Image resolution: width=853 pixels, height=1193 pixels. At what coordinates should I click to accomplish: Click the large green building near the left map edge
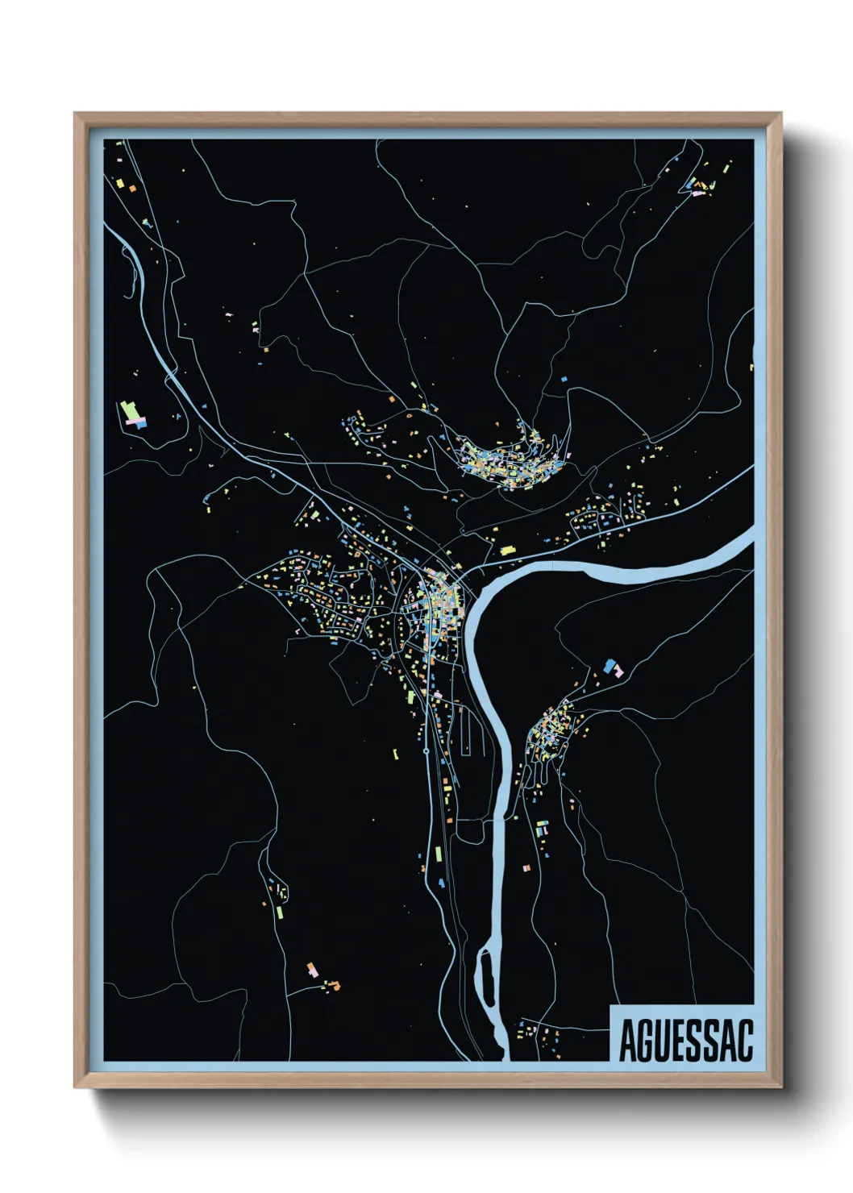127,412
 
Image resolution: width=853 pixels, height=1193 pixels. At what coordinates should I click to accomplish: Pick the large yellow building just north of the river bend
507,551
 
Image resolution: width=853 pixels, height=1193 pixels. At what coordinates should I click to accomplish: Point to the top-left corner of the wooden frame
76,114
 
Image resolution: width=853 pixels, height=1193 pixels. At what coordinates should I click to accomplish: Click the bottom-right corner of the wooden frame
780,1086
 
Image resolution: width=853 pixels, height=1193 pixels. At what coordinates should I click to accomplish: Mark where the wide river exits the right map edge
751,537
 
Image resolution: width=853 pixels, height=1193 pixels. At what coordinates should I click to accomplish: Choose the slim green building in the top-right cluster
692,181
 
